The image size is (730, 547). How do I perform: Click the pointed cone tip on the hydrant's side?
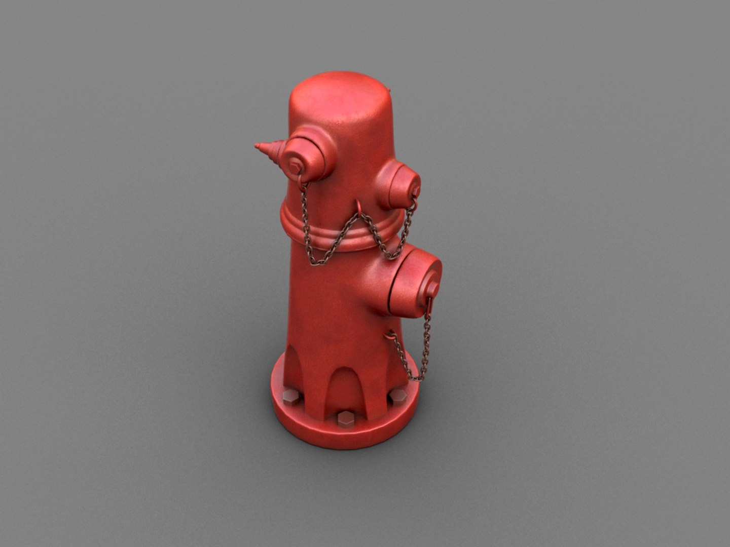265,149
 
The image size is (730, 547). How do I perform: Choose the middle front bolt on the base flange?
345,418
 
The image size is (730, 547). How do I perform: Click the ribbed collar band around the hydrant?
335,233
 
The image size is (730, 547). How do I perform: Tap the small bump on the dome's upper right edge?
388,90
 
